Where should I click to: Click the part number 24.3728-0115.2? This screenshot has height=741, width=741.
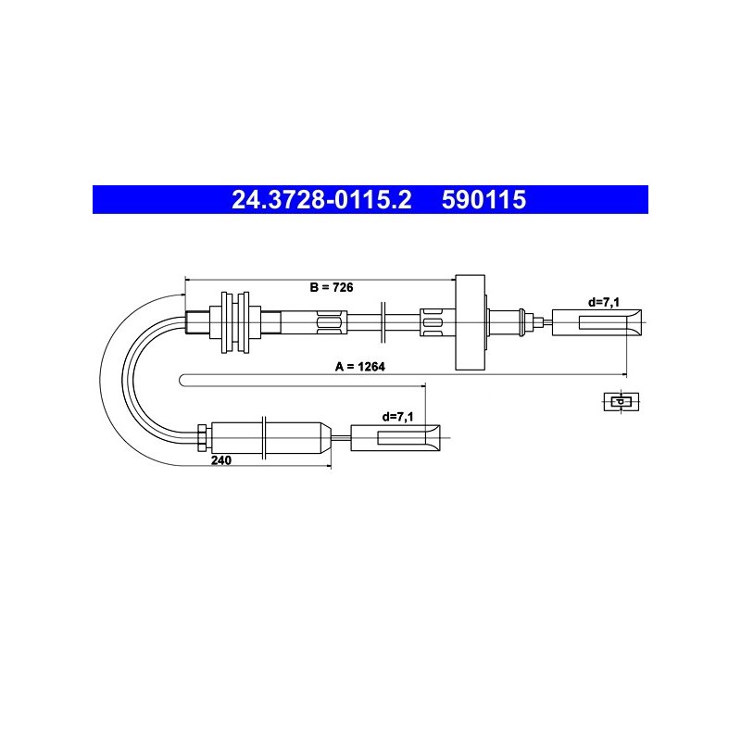pyautogui.click(x=321, y=199)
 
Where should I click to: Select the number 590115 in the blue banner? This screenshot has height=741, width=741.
pyautogui.click(x=484, y=199)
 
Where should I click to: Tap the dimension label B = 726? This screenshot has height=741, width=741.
pyautogui.click(x=332, y=287)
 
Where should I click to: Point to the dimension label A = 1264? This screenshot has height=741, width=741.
pyautogui.click(x=360, y=367)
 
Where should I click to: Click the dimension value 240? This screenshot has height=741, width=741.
pyautogui.click(x=221, y=460)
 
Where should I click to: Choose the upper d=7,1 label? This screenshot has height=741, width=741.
pyautogui.click(x=604, y=302)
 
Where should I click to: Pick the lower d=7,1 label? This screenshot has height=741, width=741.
pyautogui.click(x=397, y=417)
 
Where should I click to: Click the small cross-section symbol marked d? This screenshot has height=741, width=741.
pyautogui.click(x=621, y=402)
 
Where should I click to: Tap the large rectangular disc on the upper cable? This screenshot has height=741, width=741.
pyautogui.click(x=470, y=322)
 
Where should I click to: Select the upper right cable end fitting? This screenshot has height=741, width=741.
pyautogui.click(x=597, y=322)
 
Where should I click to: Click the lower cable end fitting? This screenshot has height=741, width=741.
pyautogui.click(x=396, y=437)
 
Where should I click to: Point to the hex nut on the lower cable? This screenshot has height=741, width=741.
pyautogui.click(x=202, y=437)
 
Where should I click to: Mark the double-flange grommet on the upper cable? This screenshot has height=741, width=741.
pyautogui.click(x=235, y=322)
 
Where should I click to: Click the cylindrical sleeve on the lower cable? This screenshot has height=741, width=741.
pyautogui.click(x=271, y=437)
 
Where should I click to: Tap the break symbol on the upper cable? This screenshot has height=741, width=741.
pyautogui.click(x=383, y=322)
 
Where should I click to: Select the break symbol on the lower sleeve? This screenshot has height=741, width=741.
pyautogui.click(x=265, y=437)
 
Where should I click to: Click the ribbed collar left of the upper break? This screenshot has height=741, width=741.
pyautogui.click(x=332, y=322)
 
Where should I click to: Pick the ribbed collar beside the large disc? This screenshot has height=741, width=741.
pyautogui.click(x=433, y=322)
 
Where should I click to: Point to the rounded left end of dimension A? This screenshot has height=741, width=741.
pyautogui.click(x=181, y=381)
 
